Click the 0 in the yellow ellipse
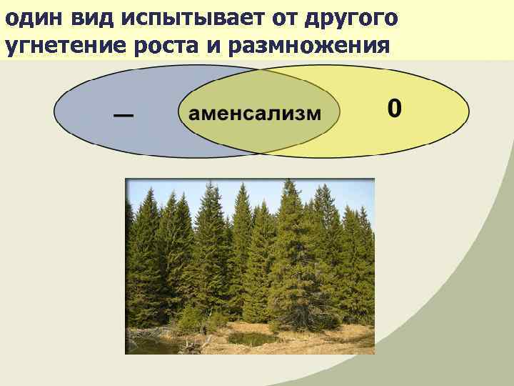coord(395,109)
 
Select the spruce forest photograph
coord(250,264)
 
